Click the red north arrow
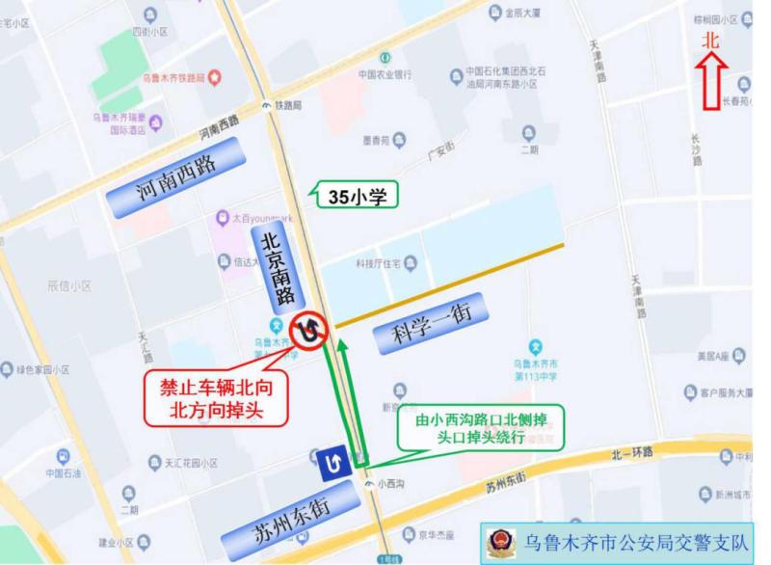713,82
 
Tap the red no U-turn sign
309,331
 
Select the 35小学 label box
357,198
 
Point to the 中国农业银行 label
385,74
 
